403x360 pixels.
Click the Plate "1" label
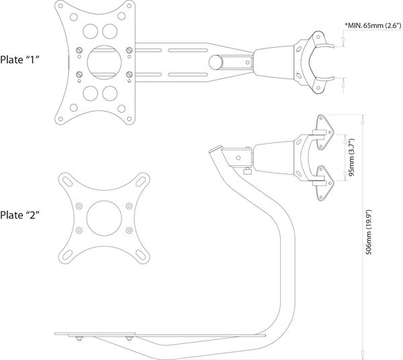[x=19, y=60]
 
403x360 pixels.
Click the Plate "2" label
[x=19, y=215]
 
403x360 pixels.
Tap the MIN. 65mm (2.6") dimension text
[x=373, y=25]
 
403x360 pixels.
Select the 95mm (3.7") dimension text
[x=351, y=157]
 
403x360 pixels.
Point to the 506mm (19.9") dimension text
[x=369, y=232]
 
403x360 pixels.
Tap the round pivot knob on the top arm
[x=216, y=62]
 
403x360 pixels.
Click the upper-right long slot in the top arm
[x=188, y=50]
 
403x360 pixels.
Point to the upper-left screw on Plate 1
[x=79, y=50]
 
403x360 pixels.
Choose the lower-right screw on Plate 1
[x=129, y=75]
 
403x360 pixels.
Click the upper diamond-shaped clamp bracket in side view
[x=322, y=132]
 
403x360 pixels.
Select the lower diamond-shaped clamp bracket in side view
[x=322, y=183]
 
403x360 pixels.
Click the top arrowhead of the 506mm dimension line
[x=363, y=118]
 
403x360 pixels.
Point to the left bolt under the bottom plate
[x=79, y=339]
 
